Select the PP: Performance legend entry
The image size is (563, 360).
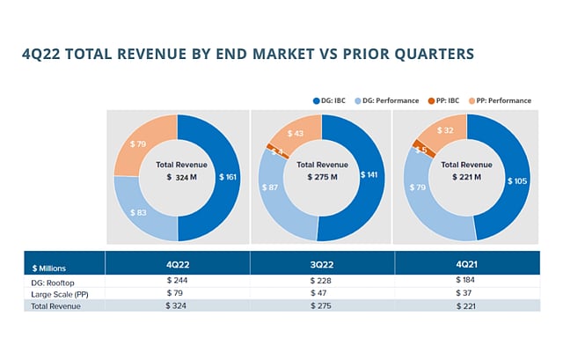click(501, 100)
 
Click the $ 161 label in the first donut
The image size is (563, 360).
click(230, 177)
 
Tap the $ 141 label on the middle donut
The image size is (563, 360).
click(371, 174)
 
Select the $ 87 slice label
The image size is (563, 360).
click(270, 187)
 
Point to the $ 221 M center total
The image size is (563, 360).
click(466, 177)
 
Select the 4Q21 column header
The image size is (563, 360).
click(467, 263)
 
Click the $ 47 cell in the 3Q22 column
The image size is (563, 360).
click(322, 293)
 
